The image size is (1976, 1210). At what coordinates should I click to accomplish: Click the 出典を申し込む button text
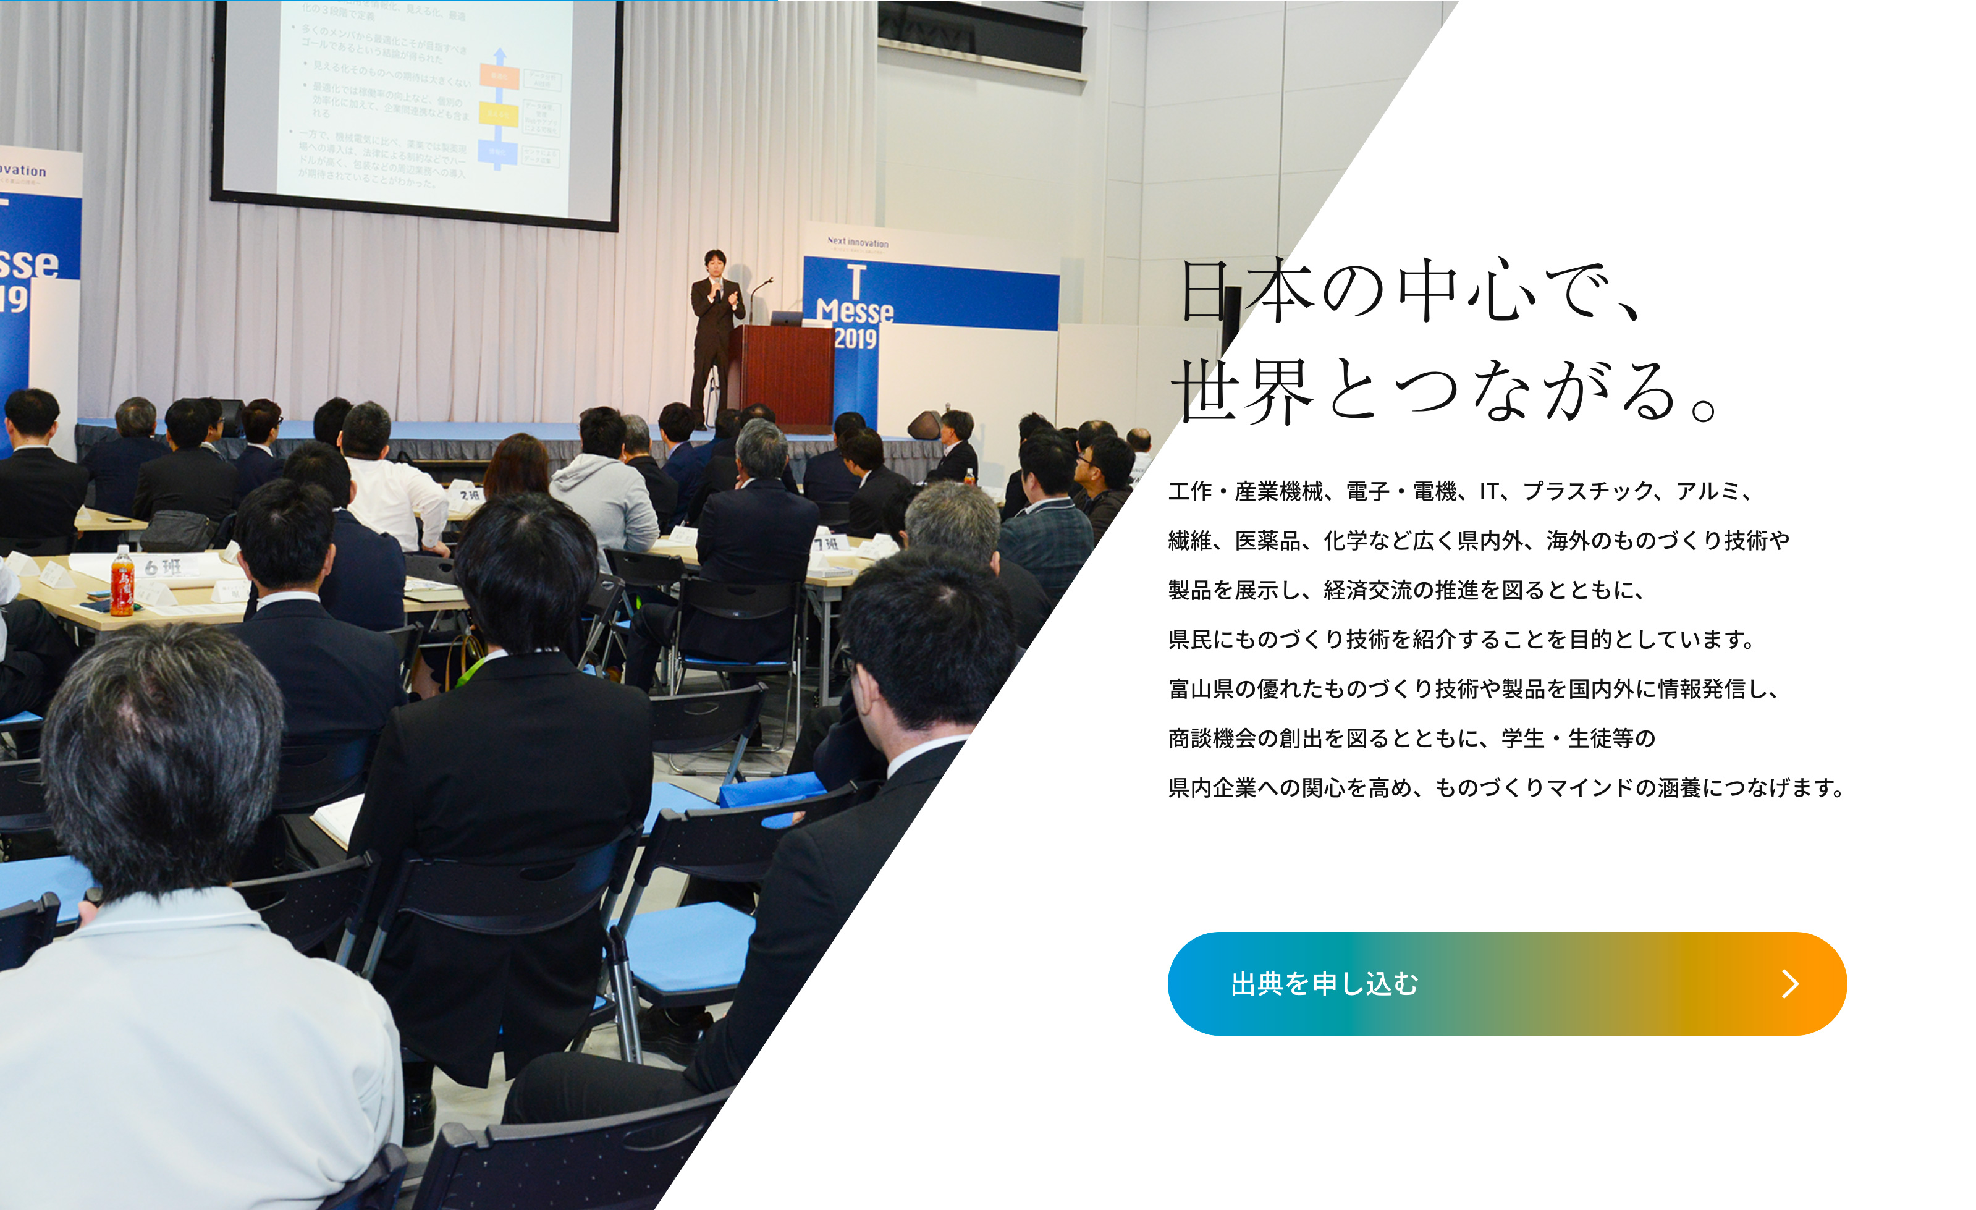(1324, 984)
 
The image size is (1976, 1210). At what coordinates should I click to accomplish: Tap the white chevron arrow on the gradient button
(1790, 984)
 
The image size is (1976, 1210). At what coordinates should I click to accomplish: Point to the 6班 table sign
(163, 568)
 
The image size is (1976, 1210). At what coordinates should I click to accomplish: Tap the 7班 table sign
(827, 544)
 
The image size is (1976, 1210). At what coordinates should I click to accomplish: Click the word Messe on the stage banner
(855, 310)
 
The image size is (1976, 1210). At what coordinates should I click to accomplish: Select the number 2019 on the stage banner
(855, 339)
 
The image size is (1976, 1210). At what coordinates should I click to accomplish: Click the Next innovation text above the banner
(857, 242)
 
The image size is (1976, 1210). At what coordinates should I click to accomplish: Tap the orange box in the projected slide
(499, 75)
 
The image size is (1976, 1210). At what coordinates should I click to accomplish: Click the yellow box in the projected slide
(499, 114)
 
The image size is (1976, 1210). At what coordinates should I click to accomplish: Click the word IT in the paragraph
(1488, 491)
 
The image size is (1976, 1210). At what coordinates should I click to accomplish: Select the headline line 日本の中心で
(1411, 290)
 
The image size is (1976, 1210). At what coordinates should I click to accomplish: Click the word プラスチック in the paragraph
(1588, 491)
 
